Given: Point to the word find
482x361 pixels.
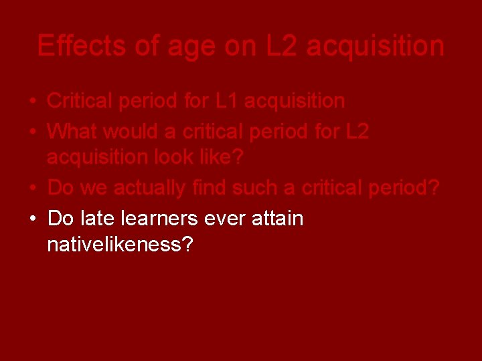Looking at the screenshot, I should [211, 189].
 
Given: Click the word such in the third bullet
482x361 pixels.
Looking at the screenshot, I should [255, 189].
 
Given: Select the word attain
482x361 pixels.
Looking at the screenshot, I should [278, 218].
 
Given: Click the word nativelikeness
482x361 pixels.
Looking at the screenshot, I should [120, 245].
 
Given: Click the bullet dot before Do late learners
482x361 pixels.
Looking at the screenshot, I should [32, 219].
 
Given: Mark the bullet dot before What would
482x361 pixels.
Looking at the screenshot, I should [32, 132].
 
